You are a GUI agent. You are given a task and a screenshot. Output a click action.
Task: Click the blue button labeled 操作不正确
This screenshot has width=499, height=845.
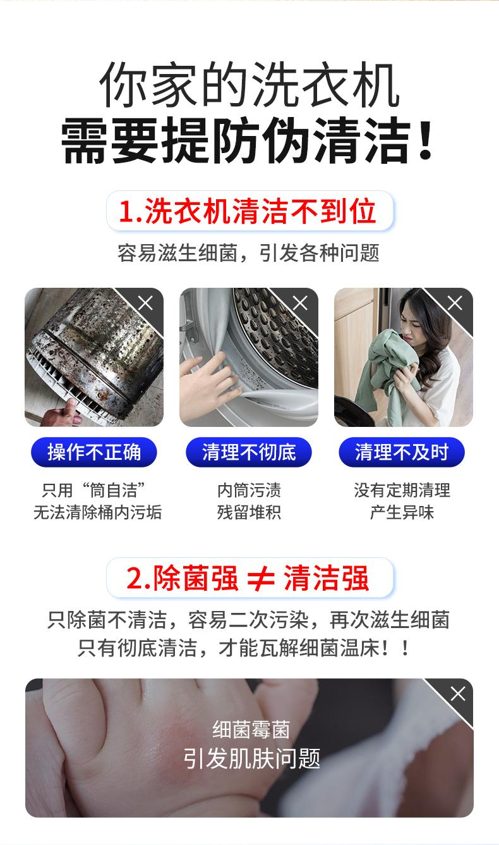click(x=94, y=452)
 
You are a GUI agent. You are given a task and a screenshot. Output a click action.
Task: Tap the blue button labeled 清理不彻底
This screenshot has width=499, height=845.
click(x=249, y=452)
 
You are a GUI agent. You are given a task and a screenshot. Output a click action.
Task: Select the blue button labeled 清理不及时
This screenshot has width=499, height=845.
click(x=402, y=452)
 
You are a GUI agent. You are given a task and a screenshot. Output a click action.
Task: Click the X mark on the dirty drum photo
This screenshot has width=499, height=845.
click(x=146, y=304)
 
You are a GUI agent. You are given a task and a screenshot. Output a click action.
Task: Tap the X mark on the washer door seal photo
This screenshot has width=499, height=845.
click(x=301, y=304)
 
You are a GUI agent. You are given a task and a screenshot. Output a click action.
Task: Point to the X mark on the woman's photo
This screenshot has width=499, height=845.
click(x=455, y=304)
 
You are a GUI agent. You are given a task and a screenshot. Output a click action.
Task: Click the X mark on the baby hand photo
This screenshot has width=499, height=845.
click(x=457, y=694)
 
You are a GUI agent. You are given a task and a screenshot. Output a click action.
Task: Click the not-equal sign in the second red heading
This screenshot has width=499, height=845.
click(x=261, y=579)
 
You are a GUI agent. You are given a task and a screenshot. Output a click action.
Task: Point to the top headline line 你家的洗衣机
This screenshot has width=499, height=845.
click(x=249, y=83)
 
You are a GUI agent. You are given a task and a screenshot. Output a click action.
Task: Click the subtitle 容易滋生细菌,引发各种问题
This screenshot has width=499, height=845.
click(x=248, y=253)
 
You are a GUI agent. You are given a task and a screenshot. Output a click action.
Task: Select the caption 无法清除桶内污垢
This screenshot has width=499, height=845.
click(x=98, y=512)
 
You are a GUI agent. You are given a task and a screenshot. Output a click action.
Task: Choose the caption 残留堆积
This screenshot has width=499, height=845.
click(x=249, y=512)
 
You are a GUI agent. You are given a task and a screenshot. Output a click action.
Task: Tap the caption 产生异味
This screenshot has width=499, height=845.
click(x=402, y=512)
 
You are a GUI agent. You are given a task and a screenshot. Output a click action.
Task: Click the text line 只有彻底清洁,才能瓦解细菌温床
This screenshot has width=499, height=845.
click(x=243, y=648)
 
